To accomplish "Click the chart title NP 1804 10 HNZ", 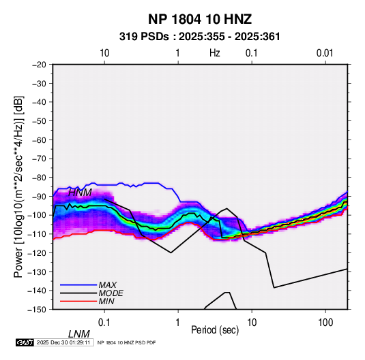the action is [200, 19].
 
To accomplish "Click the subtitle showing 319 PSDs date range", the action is [199, 37].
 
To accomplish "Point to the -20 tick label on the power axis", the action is [39, 65].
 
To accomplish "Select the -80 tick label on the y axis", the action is [39, 178].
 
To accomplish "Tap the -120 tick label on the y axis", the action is [38, 252].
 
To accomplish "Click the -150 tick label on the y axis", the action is [38, 310].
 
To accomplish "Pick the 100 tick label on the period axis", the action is [325, 323].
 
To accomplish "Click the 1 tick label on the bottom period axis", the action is [178, 323].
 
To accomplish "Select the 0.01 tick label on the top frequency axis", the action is [325, 53].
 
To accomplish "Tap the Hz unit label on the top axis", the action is [215, 53].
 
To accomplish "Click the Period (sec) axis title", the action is [215, 330].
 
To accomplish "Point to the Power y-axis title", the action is [18, 186].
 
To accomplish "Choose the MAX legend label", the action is [108, 284].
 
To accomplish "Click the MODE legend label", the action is [111, 293].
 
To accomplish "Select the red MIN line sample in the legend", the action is [78, 301].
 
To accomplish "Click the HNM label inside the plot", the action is [80, 193].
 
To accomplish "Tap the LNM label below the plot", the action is [78, 334].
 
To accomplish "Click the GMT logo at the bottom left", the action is [25, 342].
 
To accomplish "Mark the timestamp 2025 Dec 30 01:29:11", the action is [63, 342].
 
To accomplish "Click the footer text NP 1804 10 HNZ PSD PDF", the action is [126, 342].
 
